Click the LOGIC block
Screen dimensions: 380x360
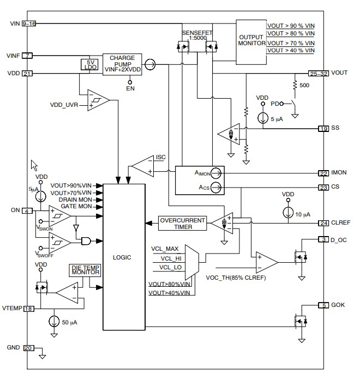click(x=124, y=256)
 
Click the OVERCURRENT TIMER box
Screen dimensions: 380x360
click(x=182, y=224)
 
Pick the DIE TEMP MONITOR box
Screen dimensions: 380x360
click(x=85, y=270)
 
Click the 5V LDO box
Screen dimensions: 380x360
click(x=88, y=64)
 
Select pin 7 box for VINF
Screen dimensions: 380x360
click(x=28, y=56)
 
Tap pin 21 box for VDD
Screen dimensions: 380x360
click(x=28, y=74)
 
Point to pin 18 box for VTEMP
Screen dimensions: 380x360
click(x=28, y=309)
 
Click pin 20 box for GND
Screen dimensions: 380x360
click(x=28, y=348)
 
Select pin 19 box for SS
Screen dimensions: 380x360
click(x=324, y=129)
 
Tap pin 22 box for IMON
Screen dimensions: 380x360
click(x=324, y=173)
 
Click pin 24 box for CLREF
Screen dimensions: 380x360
click(x=324, y=222)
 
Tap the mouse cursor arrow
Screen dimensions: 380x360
click(x=34, y=165)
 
